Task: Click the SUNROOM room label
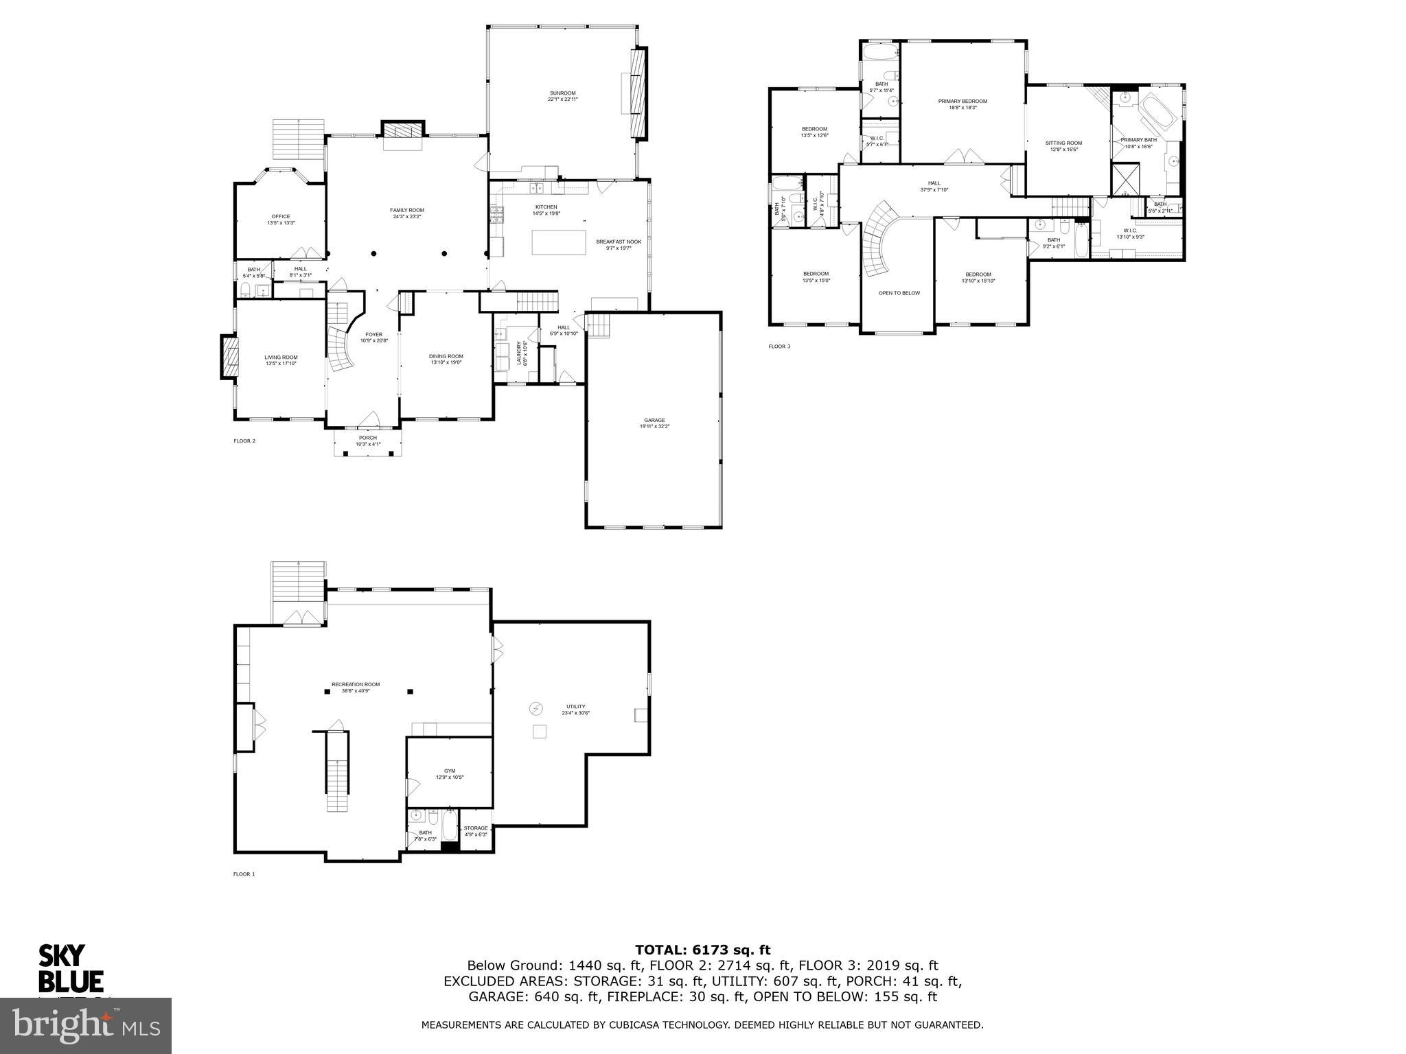tap(562, 93)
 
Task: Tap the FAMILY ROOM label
tap(407, 210)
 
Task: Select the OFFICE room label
tap(280, 217)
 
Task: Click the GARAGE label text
tap(654, 420)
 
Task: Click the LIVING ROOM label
tap(281, 357)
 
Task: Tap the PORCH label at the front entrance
tap(367, 438)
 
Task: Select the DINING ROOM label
tap(446, 356)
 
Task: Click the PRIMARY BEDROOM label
tap(963, 101)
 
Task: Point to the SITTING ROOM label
tap(1063, 143)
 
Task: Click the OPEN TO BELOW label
tap(899, 293)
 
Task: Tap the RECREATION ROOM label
tap(355, 684)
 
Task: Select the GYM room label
tap(449, 771)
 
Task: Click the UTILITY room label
tap(575, 707)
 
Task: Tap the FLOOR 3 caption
tap(779, 347)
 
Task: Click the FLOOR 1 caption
tap(244, 874)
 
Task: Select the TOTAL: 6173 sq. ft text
tap(702, 950)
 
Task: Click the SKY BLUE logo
tap(71, 968)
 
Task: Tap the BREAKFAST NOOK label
tap(618, 242)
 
